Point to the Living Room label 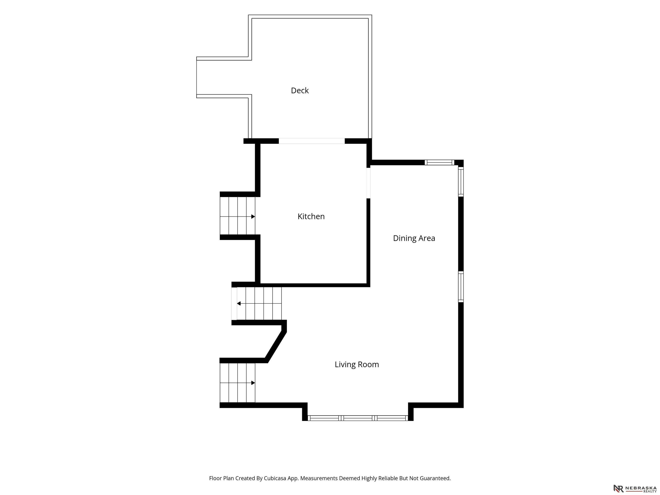[357, 364]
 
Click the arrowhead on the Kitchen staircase [253, 217]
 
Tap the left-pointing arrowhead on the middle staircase [239, 303]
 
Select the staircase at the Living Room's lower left [237, 383]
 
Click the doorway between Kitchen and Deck [312, 141]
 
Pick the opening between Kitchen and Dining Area [368, 183]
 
